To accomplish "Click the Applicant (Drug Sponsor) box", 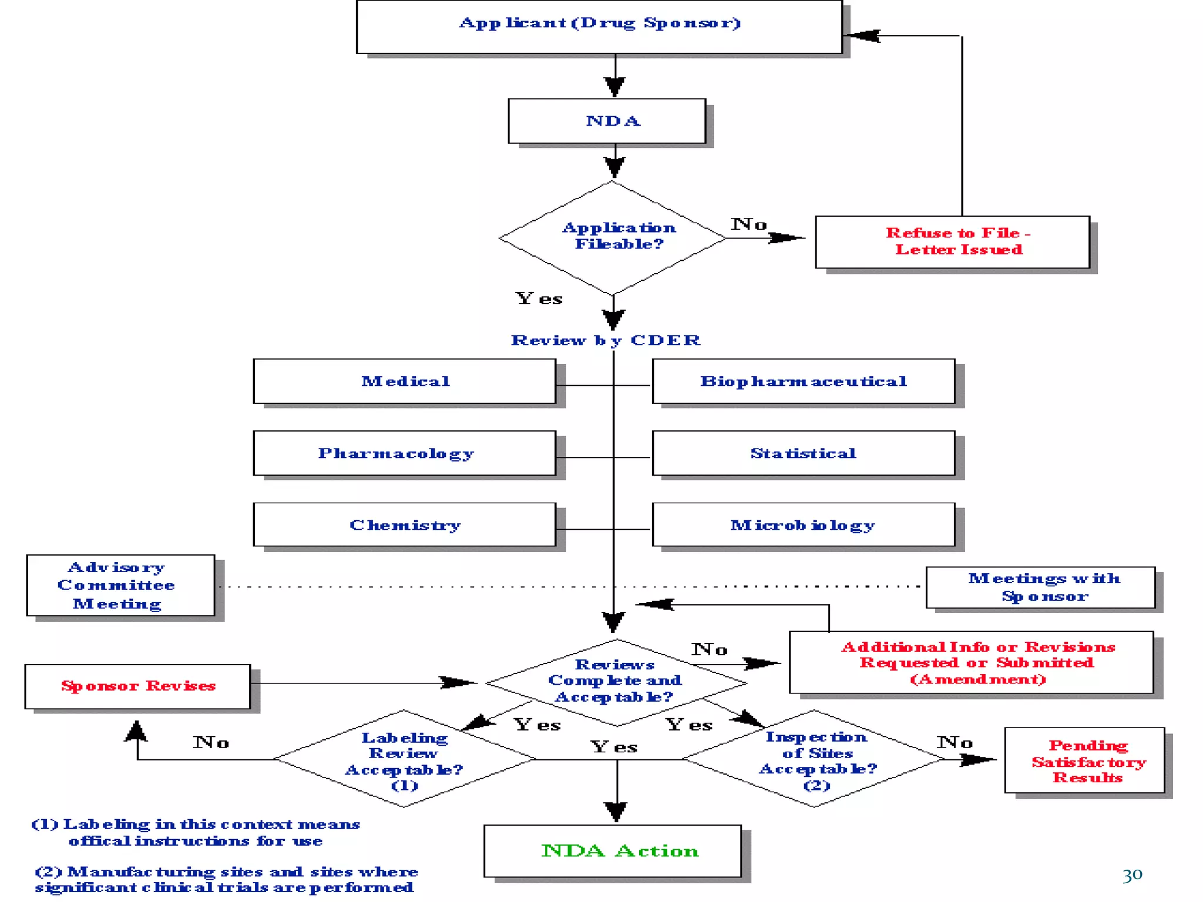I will point(599,26).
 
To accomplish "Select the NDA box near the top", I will point(607,121).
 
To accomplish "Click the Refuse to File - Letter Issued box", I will point(952,242).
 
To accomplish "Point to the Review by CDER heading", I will point(606,341).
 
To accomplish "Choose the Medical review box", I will point(404,382).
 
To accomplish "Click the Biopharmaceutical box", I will point(803,382).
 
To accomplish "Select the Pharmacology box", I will point(404,453).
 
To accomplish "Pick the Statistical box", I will point(803,453).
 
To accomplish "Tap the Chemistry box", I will point(404,525).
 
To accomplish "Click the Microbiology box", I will point(803,525).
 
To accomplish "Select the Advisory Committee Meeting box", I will point(120,585).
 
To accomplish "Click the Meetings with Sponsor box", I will point(1040,587).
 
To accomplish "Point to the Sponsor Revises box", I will point(137,686).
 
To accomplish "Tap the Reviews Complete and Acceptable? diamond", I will point(616,681).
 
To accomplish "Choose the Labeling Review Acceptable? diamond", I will point(404,759).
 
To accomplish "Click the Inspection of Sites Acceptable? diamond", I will point(815,759).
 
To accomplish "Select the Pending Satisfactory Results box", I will point(1084,760).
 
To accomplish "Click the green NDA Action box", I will point(613,851).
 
